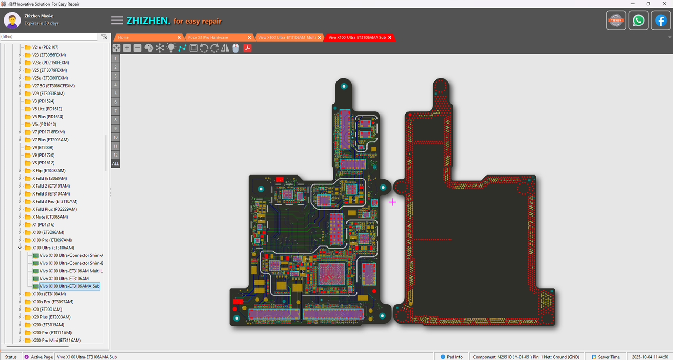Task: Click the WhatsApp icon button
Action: tap(638, 20)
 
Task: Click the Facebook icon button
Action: tap(661, 20)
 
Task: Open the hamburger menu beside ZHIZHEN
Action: tap(117, 20)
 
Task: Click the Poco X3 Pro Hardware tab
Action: tap(208, 38)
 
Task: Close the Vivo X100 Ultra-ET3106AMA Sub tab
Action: tap(390, 38)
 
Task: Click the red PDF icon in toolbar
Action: tap(246, 48)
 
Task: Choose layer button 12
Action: tap(115, 155)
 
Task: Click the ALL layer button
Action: tap(115, 163)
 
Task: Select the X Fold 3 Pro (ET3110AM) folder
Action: tap(55, 201)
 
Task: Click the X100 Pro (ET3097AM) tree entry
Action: tap(52, 240)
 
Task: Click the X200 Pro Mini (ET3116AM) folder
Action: tap(56, 341)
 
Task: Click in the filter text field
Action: tap(48, 36)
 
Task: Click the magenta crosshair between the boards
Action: tap(392, 202)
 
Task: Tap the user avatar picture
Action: tap(12, 20)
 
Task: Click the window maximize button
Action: tap(648, 4)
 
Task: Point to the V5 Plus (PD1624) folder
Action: tap(47, 117)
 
